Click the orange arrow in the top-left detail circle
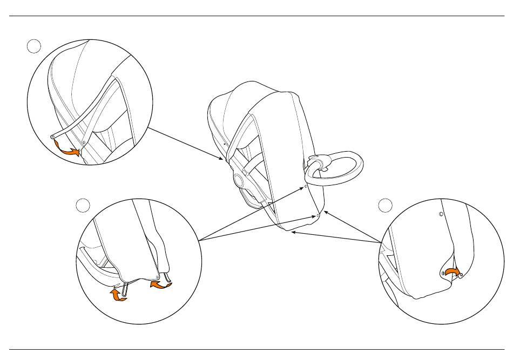pos(69,152)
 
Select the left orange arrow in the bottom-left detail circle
pos(118,294)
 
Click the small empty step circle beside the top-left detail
pos(33,47)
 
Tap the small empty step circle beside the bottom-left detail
pos(82,205)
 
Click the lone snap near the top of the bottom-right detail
pos(441,214)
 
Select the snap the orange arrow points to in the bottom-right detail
pos(461,275)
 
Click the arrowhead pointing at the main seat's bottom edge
pos(292,233)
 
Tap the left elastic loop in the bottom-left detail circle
pos(125,288)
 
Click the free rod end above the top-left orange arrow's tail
pos(52,138)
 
